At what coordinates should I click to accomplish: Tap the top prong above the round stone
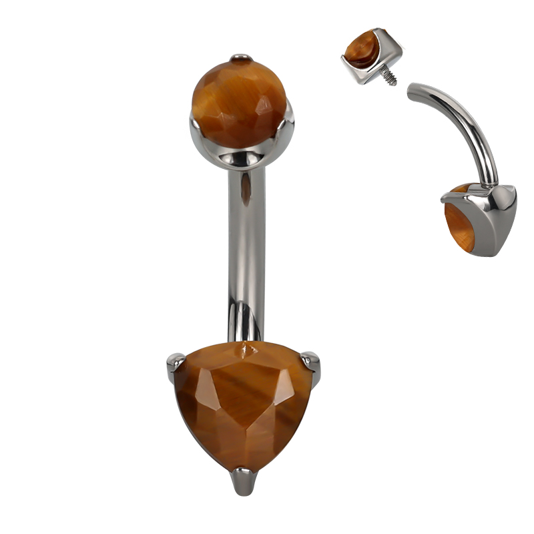241,58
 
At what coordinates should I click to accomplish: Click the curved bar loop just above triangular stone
240,320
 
